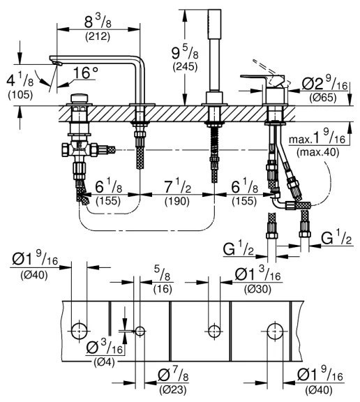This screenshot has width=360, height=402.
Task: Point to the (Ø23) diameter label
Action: [x=172, y=388]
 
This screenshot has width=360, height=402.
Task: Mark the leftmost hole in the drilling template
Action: [x=81, y=329]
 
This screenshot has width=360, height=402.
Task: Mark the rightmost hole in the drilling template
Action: [x=276, y=329]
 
